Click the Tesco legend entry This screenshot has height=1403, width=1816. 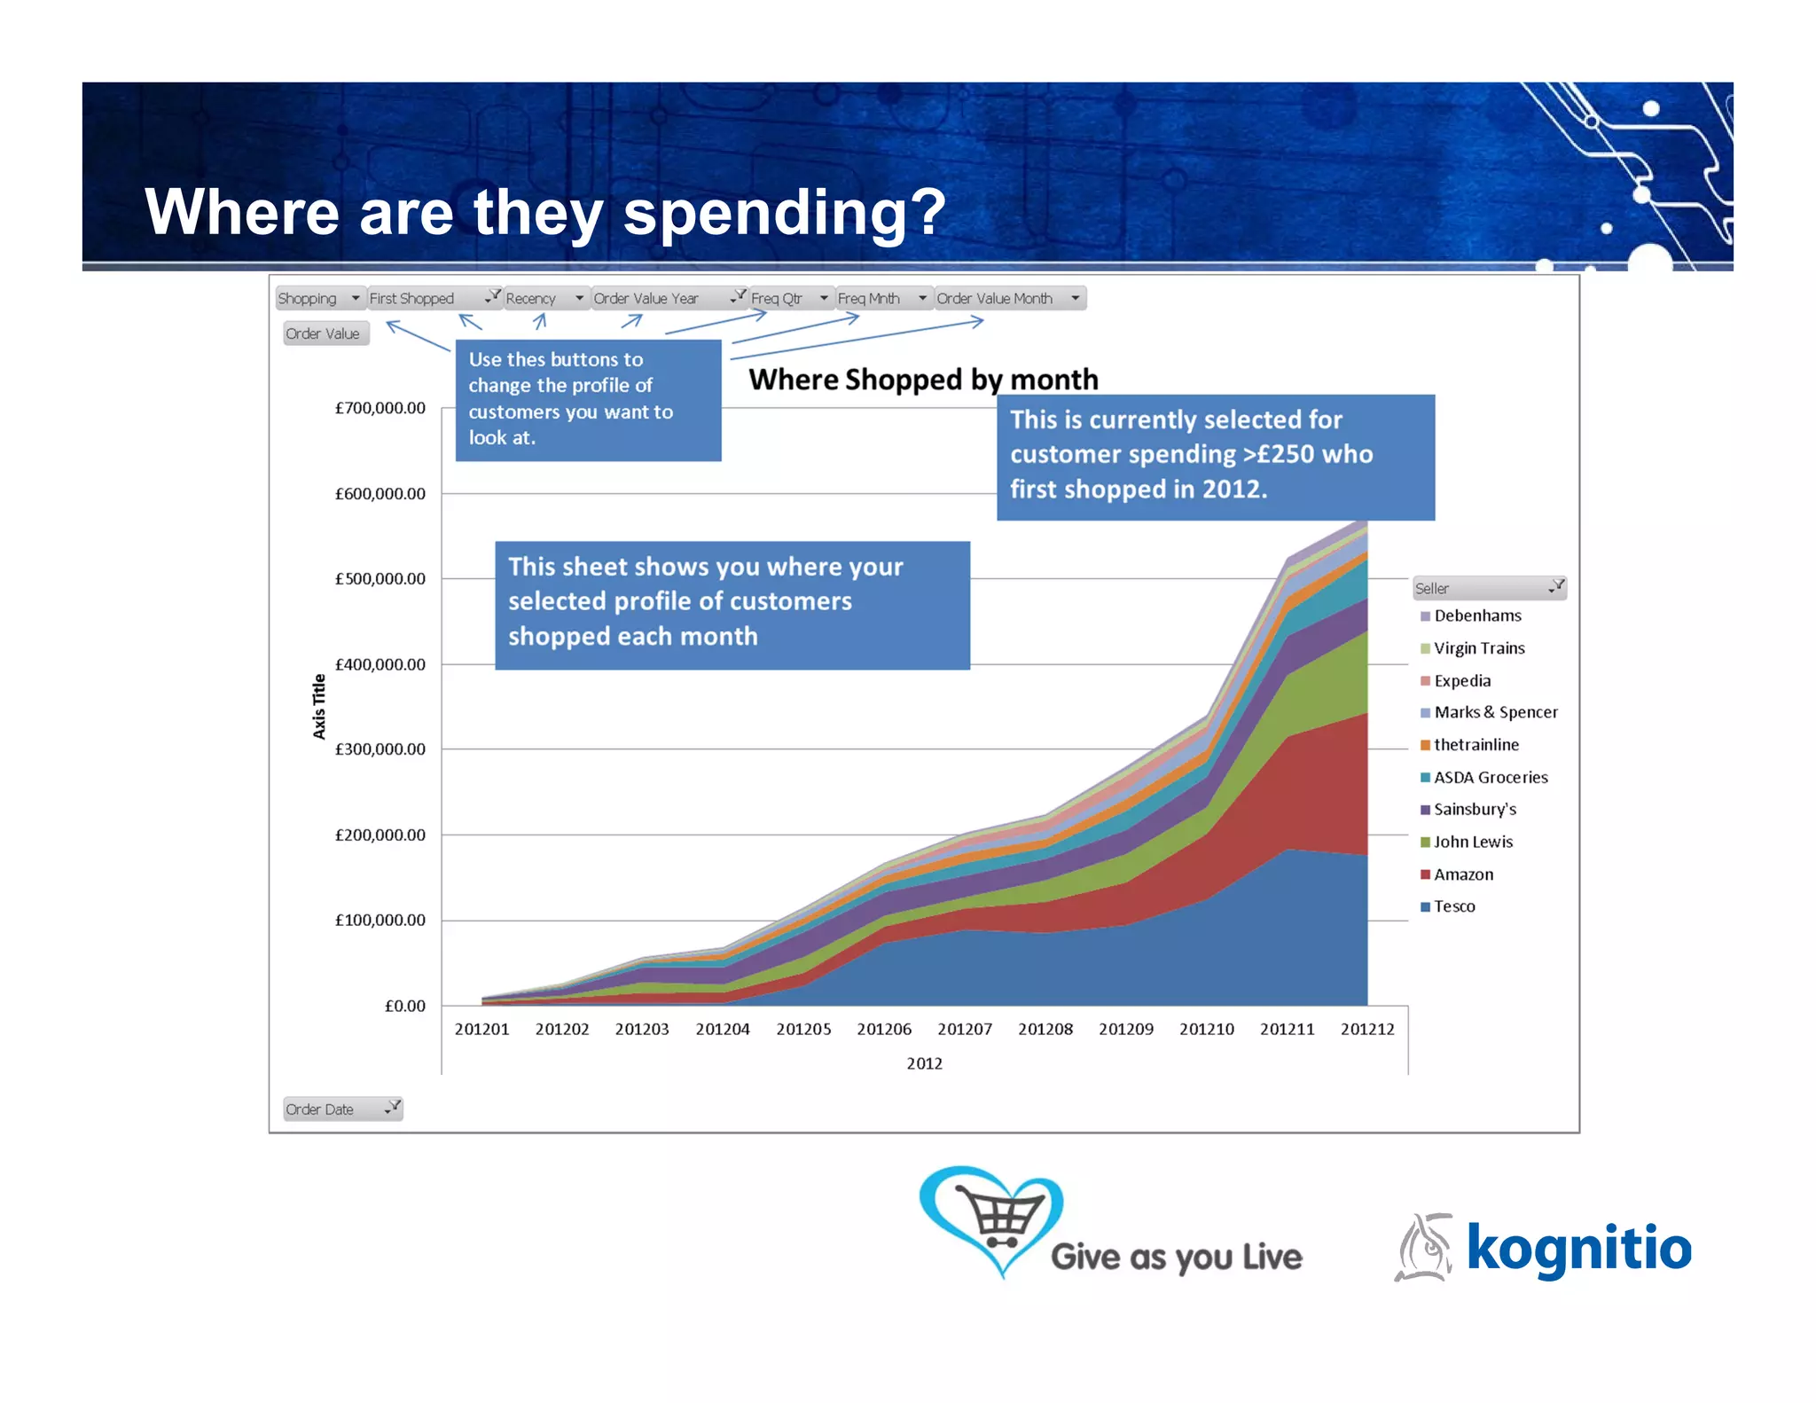point(1453,906)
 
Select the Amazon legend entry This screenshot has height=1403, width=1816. point(1462,874)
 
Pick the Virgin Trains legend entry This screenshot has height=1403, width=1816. point(1478,648)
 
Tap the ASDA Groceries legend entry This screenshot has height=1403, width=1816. point(1490,778)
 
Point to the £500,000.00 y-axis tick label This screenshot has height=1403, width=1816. point(380,579)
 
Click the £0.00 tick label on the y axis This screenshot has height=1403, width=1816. point(404,1006)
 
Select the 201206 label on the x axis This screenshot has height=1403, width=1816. point(883,1029)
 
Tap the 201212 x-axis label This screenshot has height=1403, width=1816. point(1366,1029)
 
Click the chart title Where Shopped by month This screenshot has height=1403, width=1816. point(923,380)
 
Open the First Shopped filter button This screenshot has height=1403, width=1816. point(434,299)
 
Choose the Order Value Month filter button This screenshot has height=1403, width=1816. point(1009,299)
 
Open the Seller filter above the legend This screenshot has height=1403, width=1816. point(1489,588)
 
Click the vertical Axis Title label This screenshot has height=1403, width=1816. point(319,706)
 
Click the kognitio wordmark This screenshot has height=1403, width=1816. point(1578,1248)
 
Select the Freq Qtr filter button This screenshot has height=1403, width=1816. point(789,299)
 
